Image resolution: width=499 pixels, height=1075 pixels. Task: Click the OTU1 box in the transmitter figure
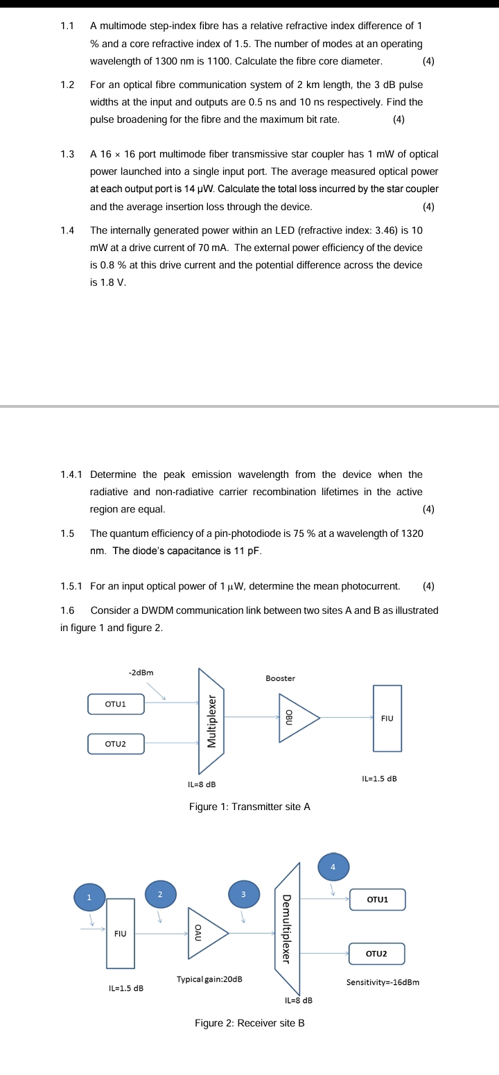point(116,704)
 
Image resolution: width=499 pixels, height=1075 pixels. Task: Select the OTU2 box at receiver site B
point(376,954)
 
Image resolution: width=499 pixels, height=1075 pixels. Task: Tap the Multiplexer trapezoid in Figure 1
point(213,721)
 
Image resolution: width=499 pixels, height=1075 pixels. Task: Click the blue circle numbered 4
point(333,867)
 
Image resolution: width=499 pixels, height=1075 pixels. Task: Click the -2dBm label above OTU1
point(141,672)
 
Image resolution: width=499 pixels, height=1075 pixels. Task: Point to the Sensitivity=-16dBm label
point(383,982)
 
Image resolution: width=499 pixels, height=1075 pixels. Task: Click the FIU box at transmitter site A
point(387,719)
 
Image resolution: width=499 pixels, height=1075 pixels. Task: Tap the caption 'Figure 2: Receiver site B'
point(249,1023)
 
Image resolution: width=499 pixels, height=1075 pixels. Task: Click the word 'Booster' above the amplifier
point(280,678)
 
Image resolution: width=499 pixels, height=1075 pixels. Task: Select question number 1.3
point(67,154)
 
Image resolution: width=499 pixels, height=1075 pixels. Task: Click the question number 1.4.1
point(71,474)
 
